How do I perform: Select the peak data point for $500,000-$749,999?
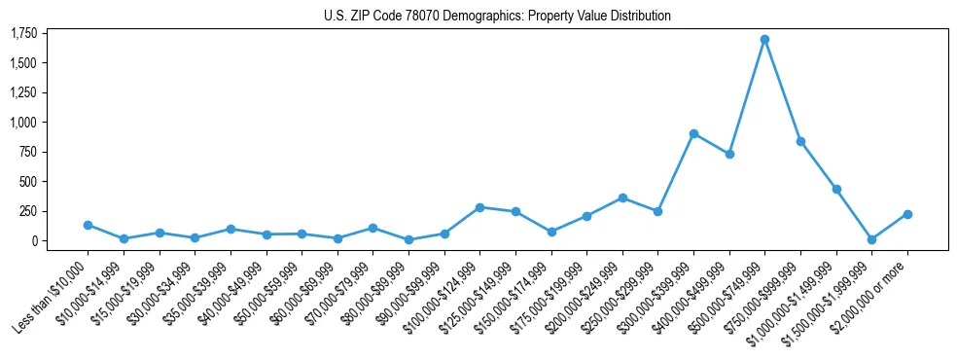[x=764, y=39]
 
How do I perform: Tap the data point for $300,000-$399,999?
[x=693, y=133]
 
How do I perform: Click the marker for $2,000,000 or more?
[x=907, y=214]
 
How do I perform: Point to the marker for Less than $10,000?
[x=88, y=225]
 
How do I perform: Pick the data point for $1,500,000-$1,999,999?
[x=871, y=239]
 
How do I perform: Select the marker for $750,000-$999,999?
[x=800, y=141]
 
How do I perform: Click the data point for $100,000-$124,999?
[x=479, y=207]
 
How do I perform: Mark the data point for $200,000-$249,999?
[x=622, y=198]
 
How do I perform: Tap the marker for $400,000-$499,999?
[x=729, y=154]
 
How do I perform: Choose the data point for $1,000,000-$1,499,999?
[x=836, y=189]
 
